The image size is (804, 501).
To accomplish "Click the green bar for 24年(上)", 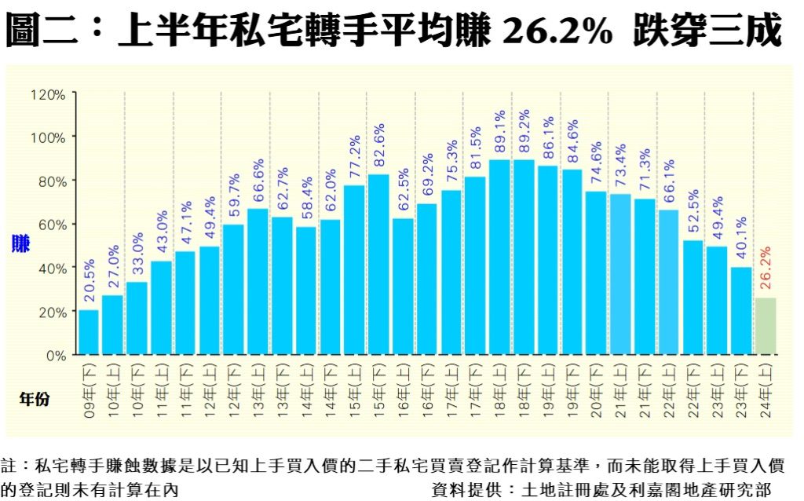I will coord(766,326).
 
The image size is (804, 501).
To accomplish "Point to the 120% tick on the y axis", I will coord(49,94).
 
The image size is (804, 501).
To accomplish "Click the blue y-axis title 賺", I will coord(20,244).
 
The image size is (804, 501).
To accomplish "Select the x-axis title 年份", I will coord(34,399).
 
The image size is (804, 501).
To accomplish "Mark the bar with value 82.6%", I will coord(378,265).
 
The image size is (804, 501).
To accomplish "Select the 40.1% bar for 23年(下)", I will coord(741,311).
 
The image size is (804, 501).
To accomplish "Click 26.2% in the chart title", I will coord(556,30).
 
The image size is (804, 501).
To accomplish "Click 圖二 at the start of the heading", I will coord(44,30).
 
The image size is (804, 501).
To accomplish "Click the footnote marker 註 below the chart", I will coord(9,464).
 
